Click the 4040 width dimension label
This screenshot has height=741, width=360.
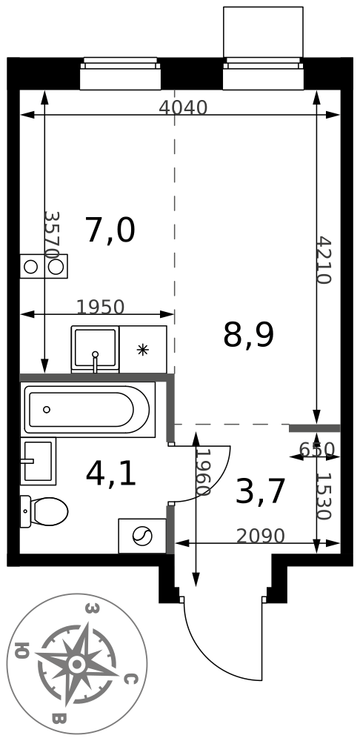tap(183, 107)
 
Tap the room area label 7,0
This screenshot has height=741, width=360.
tap(110, 230)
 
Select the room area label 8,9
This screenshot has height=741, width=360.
tap(248, 335)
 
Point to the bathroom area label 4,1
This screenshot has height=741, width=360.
tap(111, 474)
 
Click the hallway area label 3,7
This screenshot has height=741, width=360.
tap(260, 491)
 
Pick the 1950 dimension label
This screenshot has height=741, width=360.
tap(100, 308)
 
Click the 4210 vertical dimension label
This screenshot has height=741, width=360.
tap(324, 259)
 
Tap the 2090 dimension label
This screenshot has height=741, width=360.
tap(260, 536)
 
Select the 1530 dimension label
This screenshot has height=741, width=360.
tap(324, 496)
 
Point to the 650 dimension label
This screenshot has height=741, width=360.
tap(317, 449)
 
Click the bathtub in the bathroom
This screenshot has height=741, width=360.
tap(87, 409)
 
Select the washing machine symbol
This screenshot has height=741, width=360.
tap(142, 536)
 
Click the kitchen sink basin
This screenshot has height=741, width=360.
tap(95, 349)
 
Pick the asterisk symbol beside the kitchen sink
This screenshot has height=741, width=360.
tap(142, 349)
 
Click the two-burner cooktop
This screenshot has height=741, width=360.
tap(44, 267)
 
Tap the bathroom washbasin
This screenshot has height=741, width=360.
tap(38, 461)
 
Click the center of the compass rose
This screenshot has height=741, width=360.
tap(76, 665)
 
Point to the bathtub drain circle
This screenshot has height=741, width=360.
tap(47, 410)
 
